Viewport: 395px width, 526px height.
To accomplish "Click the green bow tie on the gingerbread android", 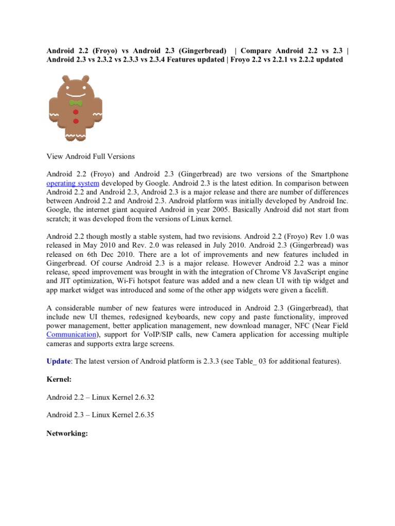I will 76,103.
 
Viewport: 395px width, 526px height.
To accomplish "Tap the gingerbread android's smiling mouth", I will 76,95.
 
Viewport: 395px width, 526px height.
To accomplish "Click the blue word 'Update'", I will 58,362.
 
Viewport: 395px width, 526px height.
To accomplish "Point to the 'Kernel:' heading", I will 59,380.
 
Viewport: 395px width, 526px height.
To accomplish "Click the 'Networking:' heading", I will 67,434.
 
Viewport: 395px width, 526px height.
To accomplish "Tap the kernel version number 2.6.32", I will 146,398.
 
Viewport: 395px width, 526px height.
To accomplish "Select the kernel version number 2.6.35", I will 146,416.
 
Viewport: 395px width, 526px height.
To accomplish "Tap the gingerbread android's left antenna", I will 65,79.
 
